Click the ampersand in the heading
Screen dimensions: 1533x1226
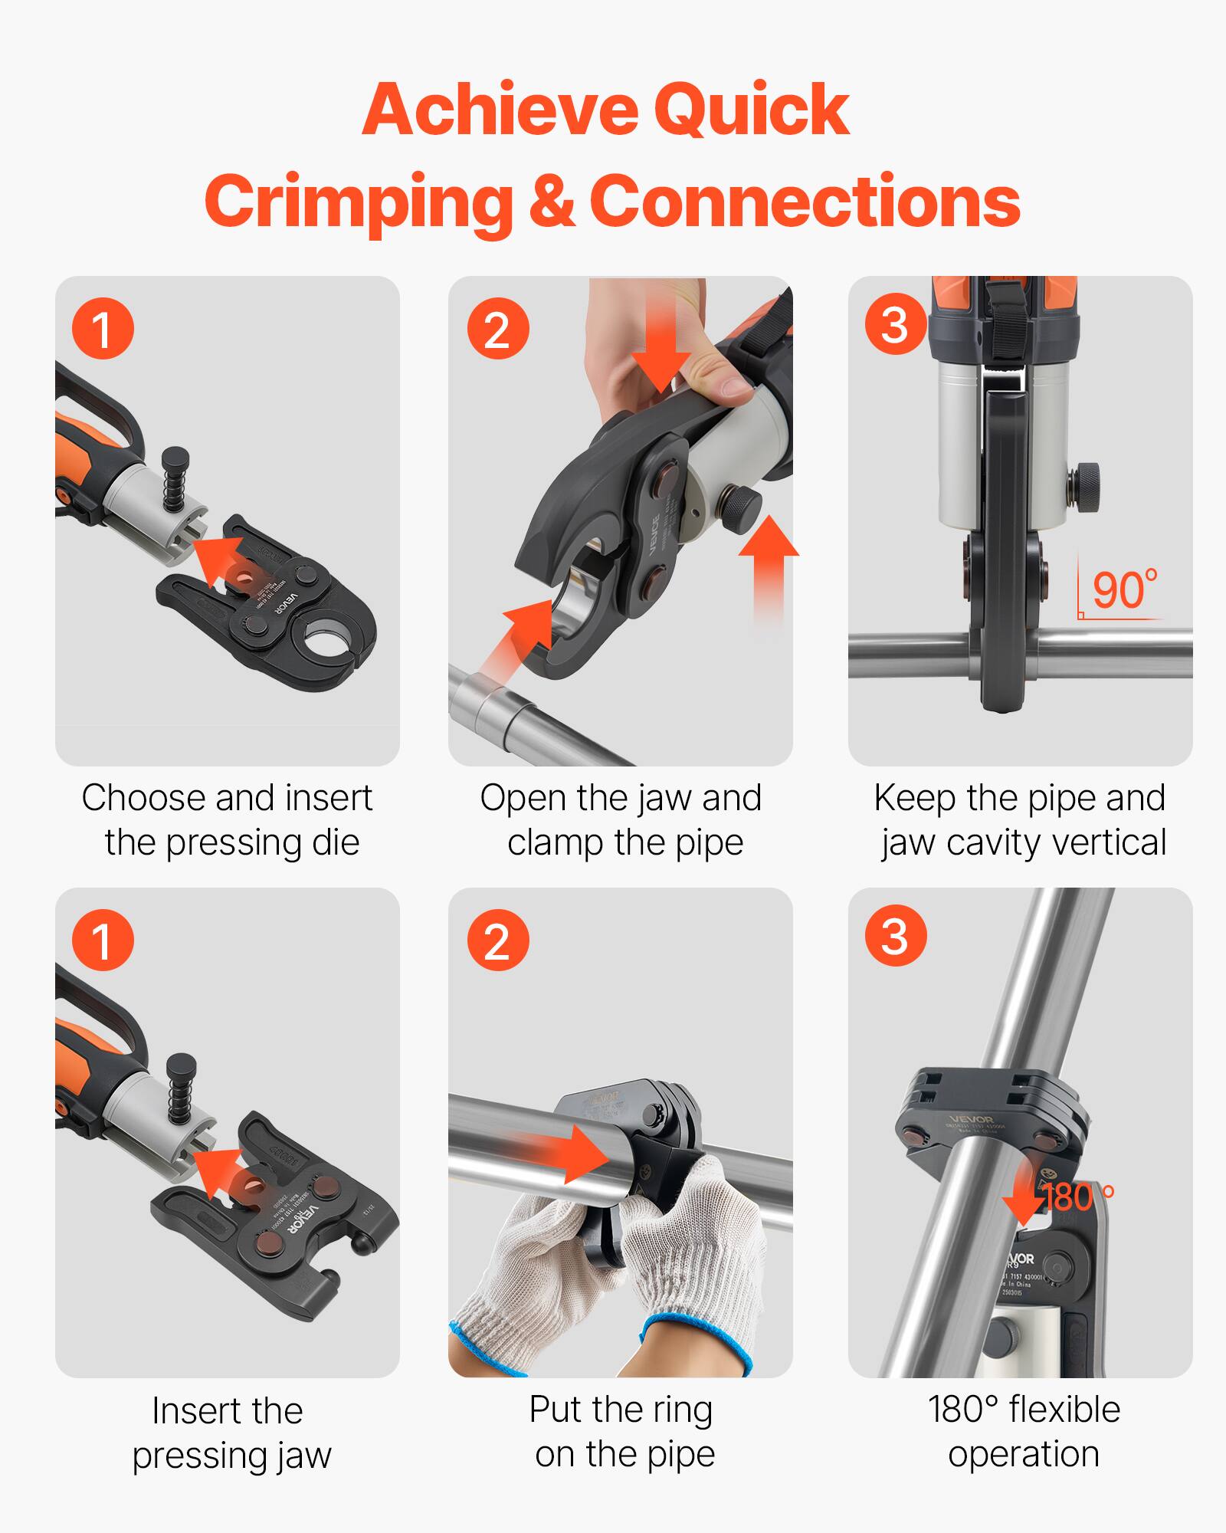550,201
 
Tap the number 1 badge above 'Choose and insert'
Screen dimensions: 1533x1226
103,328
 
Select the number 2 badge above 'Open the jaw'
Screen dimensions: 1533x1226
497,330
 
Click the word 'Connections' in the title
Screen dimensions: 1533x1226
804,201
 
